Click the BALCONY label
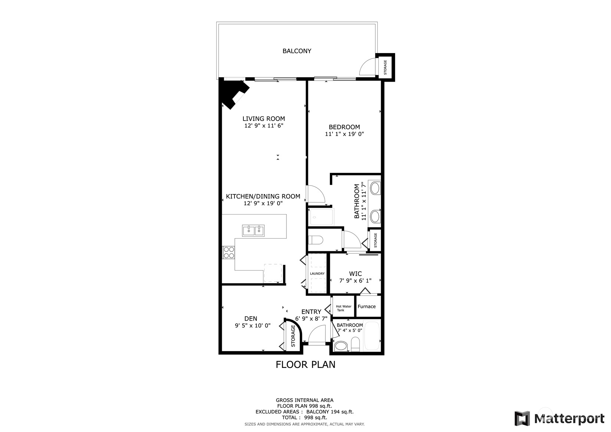297,51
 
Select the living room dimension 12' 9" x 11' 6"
264,126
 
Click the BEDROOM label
344,127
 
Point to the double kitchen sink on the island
253,230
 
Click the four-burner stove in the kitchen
229,252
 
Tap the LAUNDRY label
317,274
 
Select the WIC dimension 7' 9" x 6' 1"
355,281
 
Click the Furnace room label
367,307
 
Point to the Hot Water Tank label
343,308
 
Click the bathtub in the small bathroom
372,336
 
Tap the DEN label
251,318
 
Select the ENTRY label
311,312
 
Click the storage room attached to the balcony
385,67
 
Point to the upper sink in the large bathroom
375,188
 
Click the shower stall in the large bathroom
321,217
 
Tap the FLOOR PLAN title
305,364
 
